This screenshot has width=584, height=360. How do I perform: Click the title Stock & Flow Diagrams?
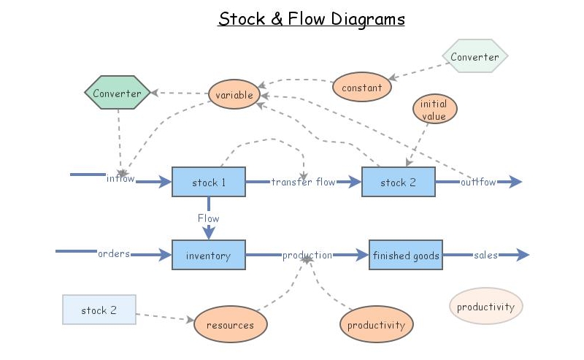click(x=312, y=19)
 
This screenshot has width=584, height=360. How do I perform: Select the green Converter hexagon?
click(x=117, y=93)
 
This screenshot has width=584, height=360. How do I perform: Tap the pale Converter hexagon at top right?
click(x=474, y=57)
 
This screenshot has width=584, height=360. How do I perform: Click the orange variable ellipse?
click(x=234, y=95)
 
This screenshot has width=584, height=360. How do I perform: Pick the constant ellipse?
click(x=361, y=88)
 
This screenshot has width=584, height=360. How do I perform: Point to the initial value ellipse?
click(x=435, y=110)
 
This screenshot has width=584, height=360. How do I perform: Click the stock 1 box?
click(x=209, y=182)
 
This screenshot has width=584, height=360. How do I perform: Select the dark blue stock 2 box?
click(x=398, y=182)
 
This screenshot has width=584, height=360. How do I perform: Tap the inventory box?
click(x=208, y=256)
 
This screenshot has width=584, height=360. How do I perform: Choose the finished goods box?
click(x=406, y=256)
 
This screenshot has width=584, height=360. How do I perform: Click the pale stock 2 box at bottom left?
click(x=99, y=310)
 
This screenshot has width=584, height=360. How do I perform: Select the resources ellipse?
click(x=230, y=325)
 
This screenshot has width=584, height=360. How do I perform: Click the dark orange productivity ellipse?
click(x=376, y=325)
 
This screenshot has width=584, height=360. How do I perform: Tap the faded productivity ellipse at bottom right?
click(x=485, y=307)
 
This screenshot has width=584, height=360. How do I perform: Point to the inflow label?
click(x=120, y=179)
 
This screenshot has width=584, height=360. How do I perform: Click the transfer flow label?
click(x=303, y=182)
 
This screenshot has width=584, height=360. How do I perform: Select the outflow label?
click(x=478, y=182)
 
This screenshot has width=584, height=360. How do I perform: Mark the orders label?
click(x=114, y=254)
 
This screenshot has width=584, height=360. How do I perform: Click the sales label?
click(x=485, y=255)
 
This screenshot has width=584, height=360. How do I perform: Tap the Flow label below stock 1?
click(x=208, y=218)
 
